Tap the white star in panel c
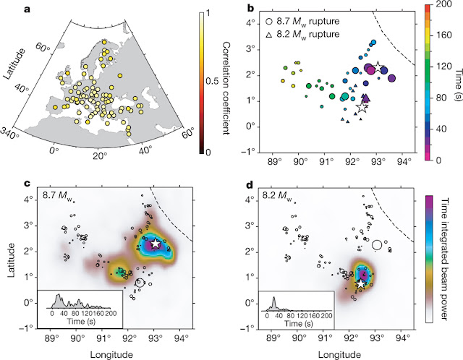[156, 244]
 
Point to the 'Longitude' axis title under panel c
[116, 353]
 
